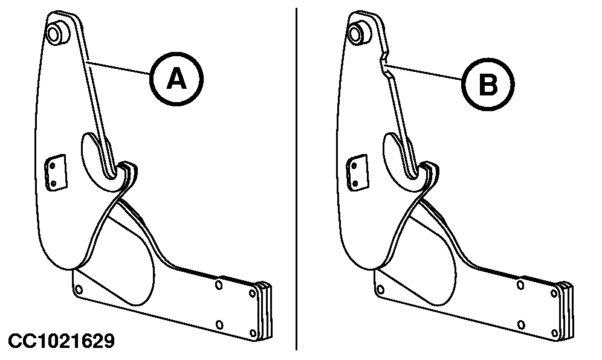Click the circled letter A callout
176,79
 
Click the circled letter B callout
488,85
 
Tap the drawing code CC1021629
62,341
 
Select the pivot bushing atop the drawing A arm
57,32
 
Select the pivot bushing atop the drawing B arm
359,33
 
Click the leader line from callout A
119,67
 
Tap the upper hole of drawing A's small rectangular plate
53,166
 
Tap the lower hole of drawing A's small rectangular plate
53,183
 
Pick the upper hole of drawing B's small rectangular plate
354,166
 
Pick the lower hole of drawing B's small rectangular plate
355,184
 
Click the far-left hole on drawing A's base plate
79,289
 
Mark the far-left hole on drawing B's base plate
380,289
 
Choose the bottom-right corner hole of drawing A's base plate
253,333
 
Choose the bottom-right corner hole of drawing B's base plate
554,333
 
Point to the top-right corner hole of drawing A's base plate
252,294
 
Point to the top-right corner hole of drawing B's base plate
554,294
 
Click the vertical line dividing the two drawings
296,179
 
